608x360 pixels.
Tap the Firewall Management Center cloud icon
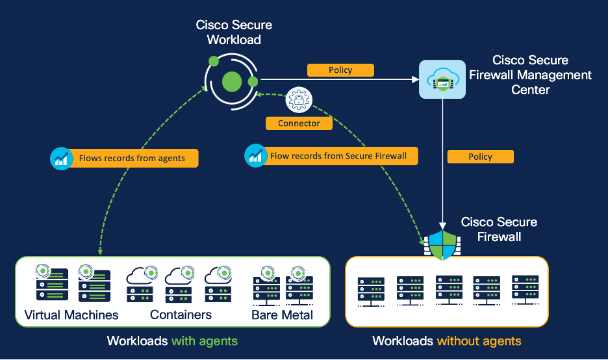[442, 79]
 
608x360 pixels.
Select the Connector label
[299, 123]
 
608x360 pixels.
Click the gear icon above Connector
[299, 100]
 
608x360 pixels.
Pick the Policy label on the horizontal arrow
[340, 70]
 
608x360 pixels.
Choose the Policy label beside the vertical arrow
[480, 157]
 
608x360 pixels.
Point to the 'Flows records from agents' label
[132, 158]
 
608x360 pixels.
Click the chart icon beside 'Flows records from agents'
[62, 158]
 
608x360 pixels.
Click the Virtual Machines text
[71, 315]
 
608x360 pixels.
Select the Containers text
[181, 315]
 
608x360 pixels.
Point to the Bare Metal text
[282, 315]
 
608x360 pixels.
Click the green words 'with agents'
[205, 341]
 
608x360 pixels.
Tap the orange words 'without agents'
[479, 341]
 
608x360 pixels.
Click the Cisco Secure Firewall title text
[499, 229]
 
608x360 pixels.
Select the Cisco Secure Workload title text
[234, 32]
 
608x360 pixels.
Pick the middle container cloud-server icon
[179, 285]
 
